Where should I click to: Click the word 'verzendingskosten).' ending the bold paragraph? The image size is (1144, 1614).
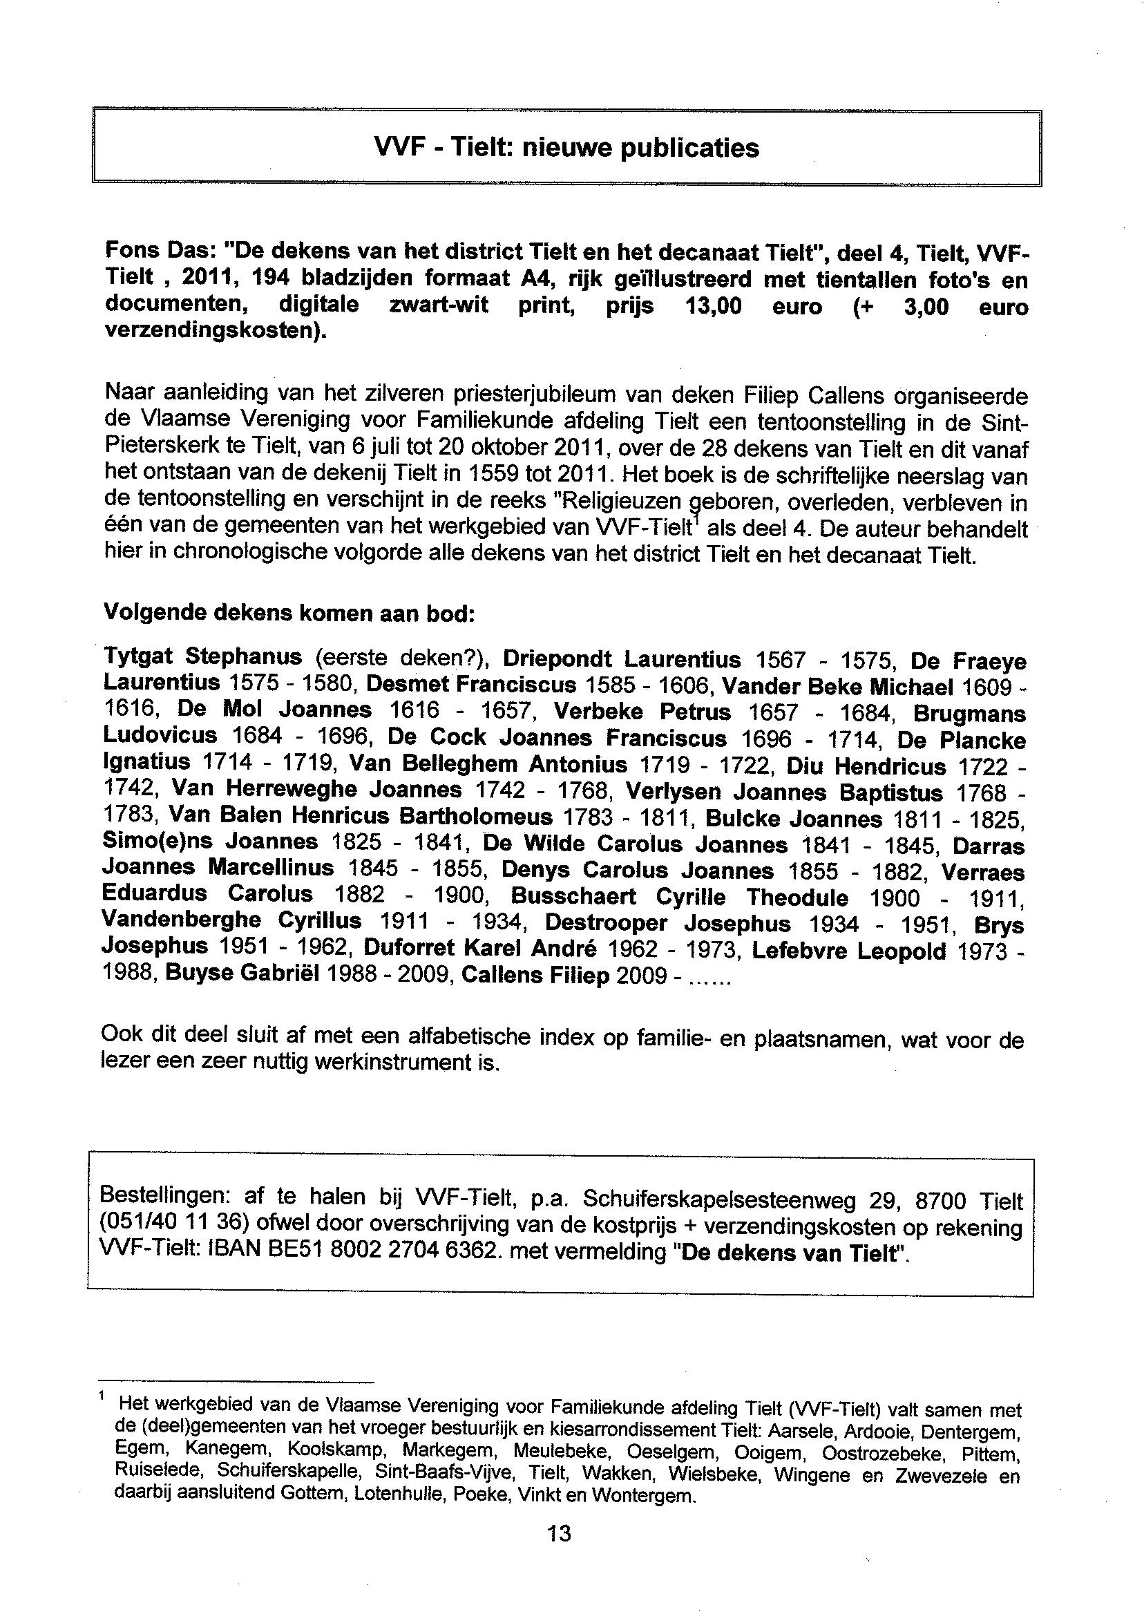[216, 332]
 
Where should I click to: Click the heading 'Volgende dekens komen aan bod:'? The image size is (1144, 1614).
[289, 612]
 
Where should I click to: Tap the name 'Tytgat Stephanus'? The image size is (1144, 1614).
[203, 657]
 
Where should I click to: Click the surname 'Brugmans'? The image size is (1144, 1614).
[969, 714]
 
